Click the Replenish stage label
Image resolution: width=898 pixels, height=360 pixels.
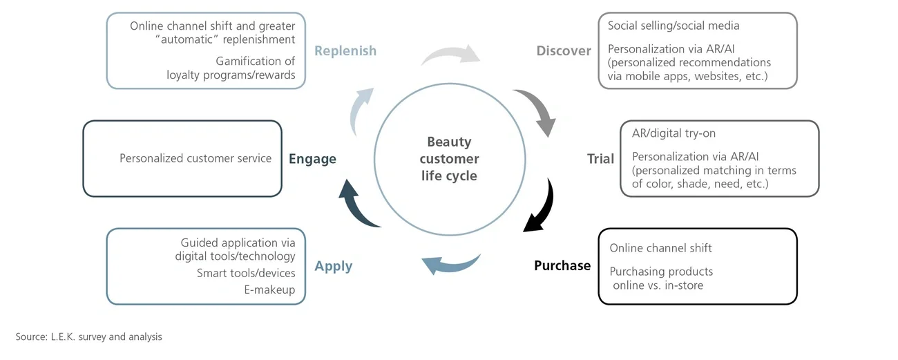tap(345, 50)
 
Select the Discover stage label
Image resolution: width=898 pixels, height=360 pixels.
tap(564, 50)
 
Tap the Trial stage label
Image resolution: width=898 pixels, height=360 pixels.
tap(600, 158)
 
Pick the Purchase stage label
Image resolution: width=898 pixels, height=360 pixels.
tap(562, 265)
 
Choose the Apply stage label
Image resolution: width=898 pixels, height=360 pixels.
tap(334, 266)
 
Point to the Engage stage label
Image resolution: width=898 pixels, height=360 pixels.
tap(313, 159)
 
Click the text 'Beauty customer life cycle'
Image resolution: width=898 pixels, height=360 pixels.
tap(449, 159)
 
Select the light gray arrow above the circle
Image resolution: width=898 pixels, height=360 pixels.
tap(451, 56)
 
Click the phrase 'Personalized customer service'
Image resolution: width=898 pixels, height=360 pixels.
tap(195, 158)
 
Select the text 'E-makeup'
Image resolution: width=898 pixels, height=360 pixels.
tap(269, 290)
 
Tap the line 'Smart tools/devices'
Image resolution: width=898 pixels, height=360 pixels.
tap(246, 273)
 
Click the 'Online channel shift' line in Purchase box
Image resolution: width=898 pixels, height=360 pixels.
tap(660, 248)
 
